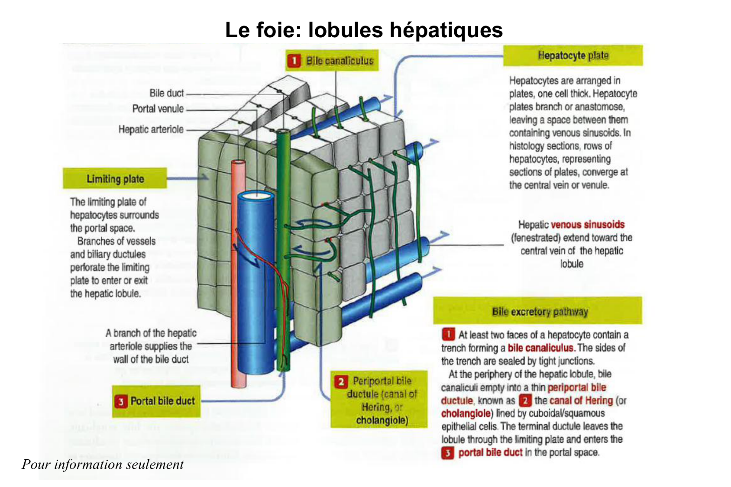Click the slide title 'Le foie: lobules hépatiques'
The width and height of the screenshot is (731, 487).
coord(364,30)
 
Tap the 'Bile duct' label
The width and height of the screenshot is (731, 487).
coord(166,93)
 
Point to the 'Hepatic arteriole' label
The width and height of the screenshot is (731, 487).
coord(151,129)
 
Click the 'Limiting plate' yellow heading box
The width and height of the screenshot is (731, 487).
coord(115,179)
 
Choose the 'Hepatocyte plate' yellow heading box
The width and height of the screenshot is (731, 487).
coord(573,55)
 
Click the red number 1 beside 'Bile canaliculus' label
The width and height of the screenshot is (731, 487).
coord(294,61)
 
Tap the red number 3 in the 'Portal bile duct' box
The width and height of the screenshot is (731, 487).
coord(121,401)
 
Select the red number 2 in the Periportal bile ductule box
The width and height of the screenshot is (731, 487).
coord(341,381)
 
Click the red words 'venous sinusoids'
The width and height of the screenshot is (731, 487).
coord(587,225)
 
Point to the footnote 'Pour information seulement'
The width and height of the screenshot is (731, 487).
coord(103,464)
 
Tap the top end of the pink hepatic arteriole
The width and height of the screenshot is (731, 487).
coord(238,162)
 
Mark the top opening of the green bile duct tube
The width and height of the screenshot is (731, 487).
coord(283,131)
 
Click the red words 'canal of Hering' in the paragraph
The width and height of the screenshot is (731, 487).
coord(581,400)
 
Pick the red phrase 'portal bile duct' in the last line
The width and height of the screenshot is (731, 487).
coord(490,453)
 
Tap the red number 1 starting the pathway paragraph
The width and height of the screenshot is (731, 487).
coord(448,334)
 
